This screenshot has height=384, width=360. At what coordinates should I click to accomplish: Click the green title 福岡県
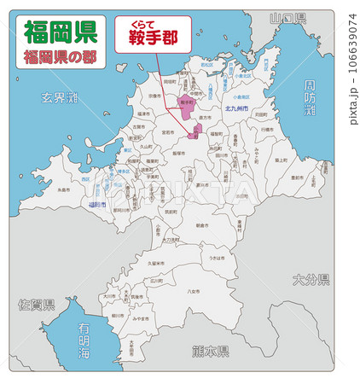click(x=60, y=32)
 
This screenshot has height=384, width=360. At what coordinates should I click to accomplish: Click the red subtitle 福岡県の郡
click(x=60, y=58)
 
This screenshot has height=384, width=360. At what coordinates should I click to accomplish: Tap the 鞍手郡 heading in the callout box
click(x=154, y=38)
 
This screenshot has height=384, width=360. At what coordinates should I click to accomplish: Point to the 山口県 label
click(x=287, y=18)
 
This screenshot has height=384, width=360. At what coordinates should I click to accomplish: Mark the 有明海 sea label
click(x=83, y=340)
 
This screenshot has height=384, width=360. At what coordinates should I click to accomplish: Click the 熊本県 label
click(x=210, y=351)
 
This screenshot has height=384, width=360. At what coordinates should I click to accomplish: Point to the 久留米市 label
click(x=152, y=263)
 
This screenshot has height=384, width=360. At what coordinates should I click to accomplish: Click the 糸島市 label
click(x=63, y=191)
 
